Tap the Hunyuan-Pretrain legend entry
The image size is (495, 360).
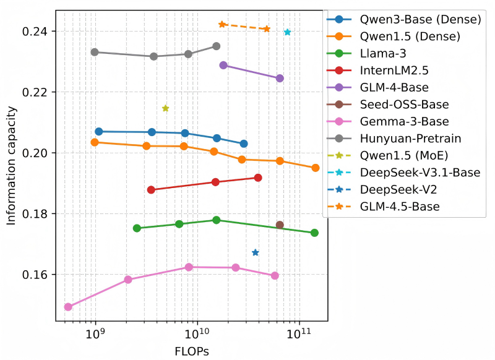411,139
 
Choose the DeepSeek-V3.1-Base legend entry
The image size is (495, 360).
420,173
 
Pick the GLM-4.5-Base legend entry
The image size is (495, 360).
400,207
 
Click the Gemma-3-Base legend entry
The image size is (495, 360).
405,122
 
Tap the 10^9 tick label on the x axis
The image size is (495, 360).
95,334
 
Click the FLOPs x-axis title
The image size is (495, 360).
191,351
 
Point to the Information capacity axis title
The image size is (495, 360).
12,166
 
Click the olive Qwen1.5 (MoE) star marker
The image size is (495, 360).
165,108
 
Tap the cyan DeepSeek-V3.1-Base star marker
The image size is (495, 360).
287,32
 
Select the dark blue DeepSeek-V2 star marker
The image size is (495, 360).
256,252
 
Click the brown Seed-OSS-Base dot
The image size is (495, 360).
280,225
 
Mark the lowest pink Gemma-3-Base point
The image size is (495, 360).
68,307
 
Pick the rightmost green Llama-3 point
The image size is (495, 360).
314,233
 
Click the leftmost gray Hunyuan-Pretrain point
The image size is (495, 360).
95,52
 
